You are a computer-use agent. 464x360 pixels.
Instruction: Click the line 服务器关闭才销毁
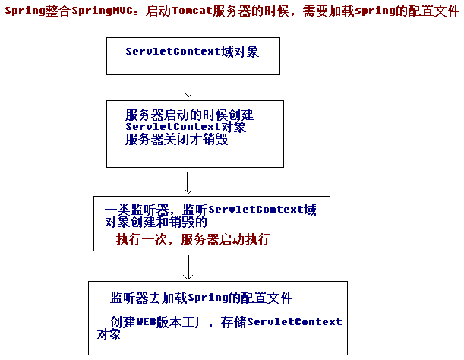[x=176, y=139]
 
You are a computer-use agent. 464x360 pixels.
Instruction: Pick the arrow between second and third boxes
[x=188, y=182]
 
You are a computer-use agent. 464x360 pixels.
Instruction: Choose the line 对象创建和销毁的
[x=156, y=222]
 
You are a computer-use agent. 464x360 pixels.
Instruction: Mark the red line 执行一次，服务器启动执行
[x=193, y=239]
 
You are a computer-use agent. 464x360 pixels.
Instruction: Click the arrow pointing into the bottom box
[x=188, y=267]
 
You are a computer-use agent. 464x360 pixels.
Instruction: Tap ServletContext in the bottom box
[x=295, y=321]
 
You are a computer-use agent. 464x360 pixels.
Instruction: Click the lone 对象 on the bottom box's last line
[x=109, y=334]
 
